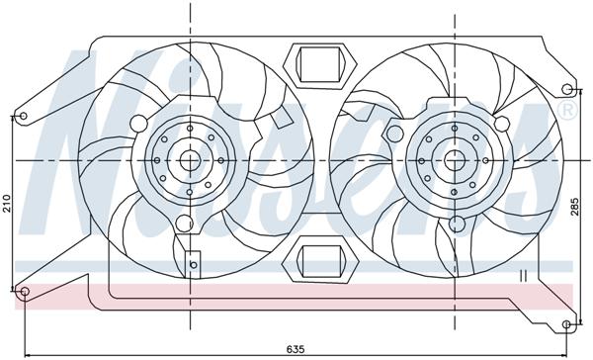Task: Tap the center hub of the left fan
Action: point(189,159)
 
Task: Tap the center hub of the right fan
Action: point(454,159)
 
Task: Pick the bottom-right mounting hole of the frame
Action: point(566,324)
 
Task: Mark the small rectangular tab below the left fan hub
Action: point(192,265)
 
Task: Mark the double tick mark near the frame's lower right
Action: point(524,275)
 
